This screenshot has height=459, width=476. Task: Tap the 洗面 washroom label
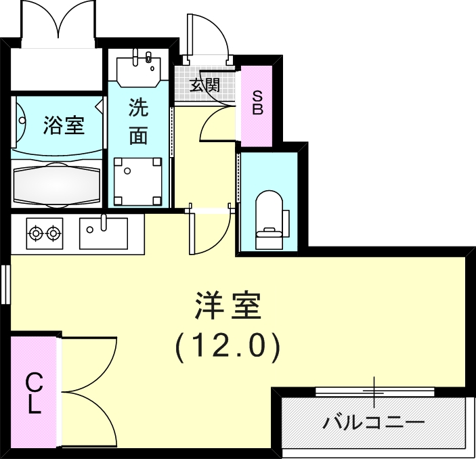point(138,121)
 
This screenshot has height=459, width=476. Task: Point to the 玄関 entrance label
point(204,85)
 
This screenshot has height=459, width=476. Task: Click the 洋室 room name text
point(228,308)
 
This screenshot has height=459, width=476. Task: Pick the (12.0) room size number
point(228,347)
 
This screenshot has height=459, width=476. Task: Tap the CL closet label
point(34,394)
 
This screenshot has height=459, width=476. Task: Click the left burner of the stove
point(35,234)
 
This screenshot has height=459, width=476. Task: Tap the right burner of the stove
point(53,234)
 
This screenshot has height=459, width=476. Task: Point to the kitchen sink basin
point(103,235)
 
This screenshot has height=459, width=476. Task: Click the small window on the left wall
point(5,285)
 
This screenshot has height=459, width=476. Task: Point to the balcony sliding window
point(374,391)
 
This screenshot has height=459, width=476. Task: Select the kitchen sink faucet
point(104,221)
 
